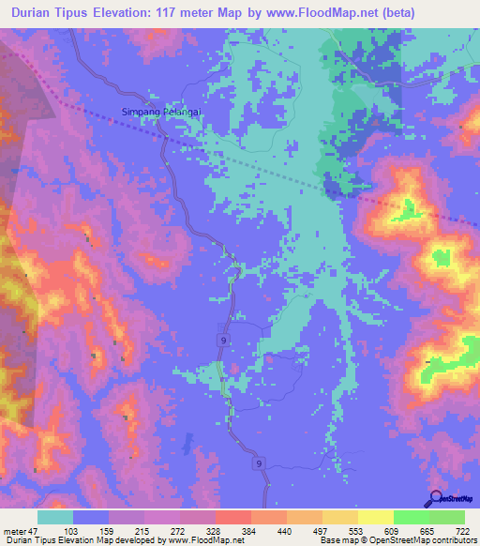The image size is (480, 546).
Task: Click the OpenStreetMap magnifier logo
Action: click(x=436, y=499)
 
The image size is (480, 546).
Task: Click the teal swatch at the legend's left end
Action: click(x=55, y=518)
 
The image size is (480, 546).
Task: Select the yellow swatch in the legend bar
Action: click(x=376, y=518)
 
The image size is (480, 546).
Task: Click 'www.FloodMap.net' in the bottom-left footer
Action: click(x=203, y=541)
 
